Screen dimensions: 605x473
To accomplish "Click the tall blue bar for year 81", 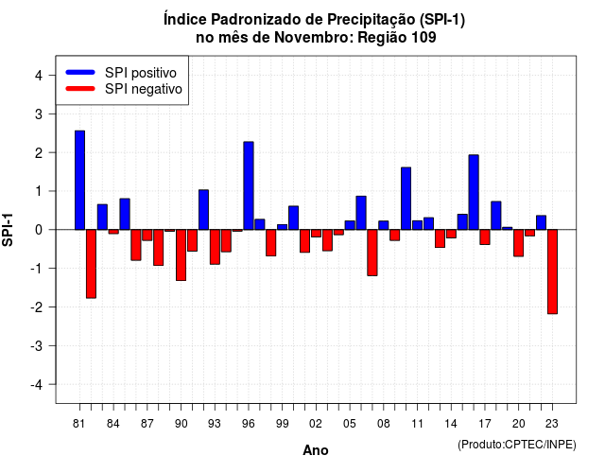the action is [79, 181].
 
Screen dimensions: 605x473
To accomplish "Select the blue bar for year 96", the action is [249, 185].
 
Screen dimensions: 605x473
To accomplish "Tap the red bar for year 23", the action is [552, 272].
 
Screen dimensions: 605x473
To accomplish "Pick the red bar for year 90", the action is [181, 255].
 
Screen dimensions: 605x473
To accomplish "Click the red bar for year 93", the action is [215, 247].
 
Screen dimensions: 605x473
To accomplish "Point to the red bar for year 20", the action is [519, 243].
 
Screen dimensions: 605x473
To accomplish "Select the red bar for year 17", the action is [485, 237].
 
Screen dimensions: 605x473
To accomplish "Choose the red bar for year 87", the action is [147, 236].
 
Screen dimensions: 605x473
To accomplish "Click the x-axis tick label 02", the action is [316, 424].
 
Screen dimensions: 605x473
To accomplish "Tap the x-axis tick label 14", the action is [451, 424].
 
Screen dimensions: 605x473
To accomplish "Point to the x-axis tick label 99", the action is [282, 424].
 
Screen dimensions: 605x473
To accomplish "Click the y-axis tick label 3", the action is [38, 114].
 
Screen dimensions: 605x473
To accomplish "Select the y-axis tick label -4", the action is [36, 385].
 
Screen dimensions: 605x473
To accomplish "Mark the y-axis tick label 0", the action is [38, 230].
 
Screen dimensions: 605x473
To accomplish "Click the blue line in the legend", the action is [80, 72].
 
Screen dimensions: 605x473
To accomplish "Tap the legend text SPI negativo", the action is [144, 89].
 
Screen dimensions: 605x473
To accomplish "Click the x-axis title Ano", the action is [316, 450].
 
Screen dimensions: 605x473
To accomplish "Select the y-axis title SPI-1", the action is [8, 230].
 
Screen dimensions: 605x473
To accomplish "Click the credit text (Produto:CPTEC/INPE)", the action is [517, 445].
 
